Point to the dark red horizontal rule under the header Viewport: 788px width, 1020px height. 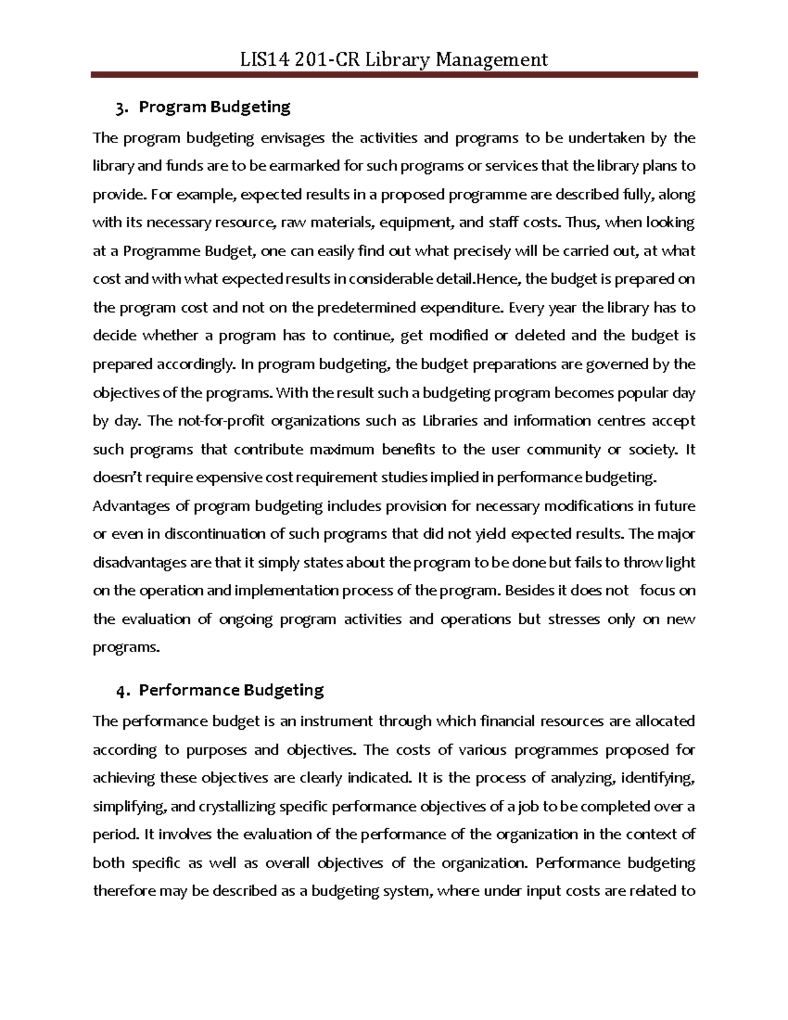pyautogui.click(x=394, y=76)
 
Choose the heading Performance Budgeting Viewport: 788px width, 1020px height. pyautogui.click(x=232, y=690)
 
